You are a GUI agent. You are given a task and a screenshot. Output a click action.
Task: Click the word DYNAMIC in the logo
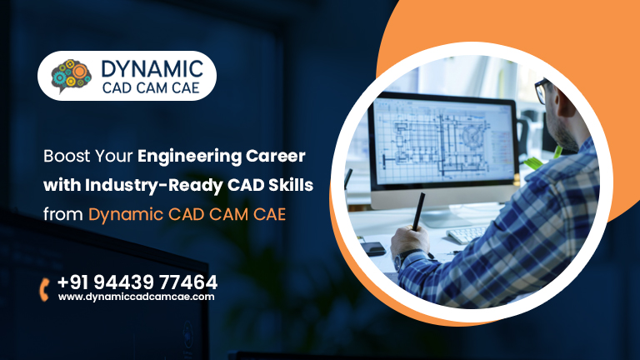[x=152, y=68]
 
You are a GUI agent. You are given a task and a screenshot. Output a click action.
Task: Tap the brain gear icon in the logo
[x=71, y=76]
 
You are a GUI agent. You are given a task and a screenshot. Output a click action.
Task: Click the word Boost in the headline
[x=67, y=156]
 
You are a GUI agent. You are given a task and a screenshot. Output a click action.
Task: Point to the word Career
[x=276, y=156]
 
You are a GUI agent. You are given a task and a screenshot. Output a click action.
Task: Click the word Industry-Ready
[x=154, y=186]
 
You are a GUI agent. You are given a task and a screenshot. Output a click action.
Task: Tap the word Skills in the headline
[x=291, y=185]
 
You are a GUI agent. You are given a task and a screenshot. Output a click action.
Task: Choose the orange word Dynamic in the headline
[x=126, y=215]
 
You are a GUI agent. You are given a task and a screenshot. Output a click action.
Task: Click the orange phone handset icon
[x=44, y=289]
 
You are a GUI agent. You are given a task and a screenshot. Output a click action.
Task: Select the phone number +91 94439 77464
[x=137, y=282]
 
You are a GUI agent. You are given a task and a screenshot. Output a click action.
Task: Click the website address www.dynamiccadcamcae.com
[x=137, y=297]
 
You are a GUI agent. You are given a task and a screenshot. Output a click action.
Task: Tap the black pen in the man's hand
[x=418, y=212]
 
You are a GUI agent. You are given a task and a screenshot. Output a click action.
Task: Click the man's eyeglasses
[x=542, y=90]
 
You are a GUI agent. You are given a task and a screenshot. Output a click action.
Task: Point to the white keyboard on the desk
[x=467, y=234]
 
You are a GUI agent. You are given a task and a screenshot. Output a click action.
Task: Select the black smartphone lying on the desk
[x=372, y=248]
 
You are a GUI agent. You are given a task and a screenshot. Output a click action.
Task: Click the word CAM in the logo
[x=151, y=87]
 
